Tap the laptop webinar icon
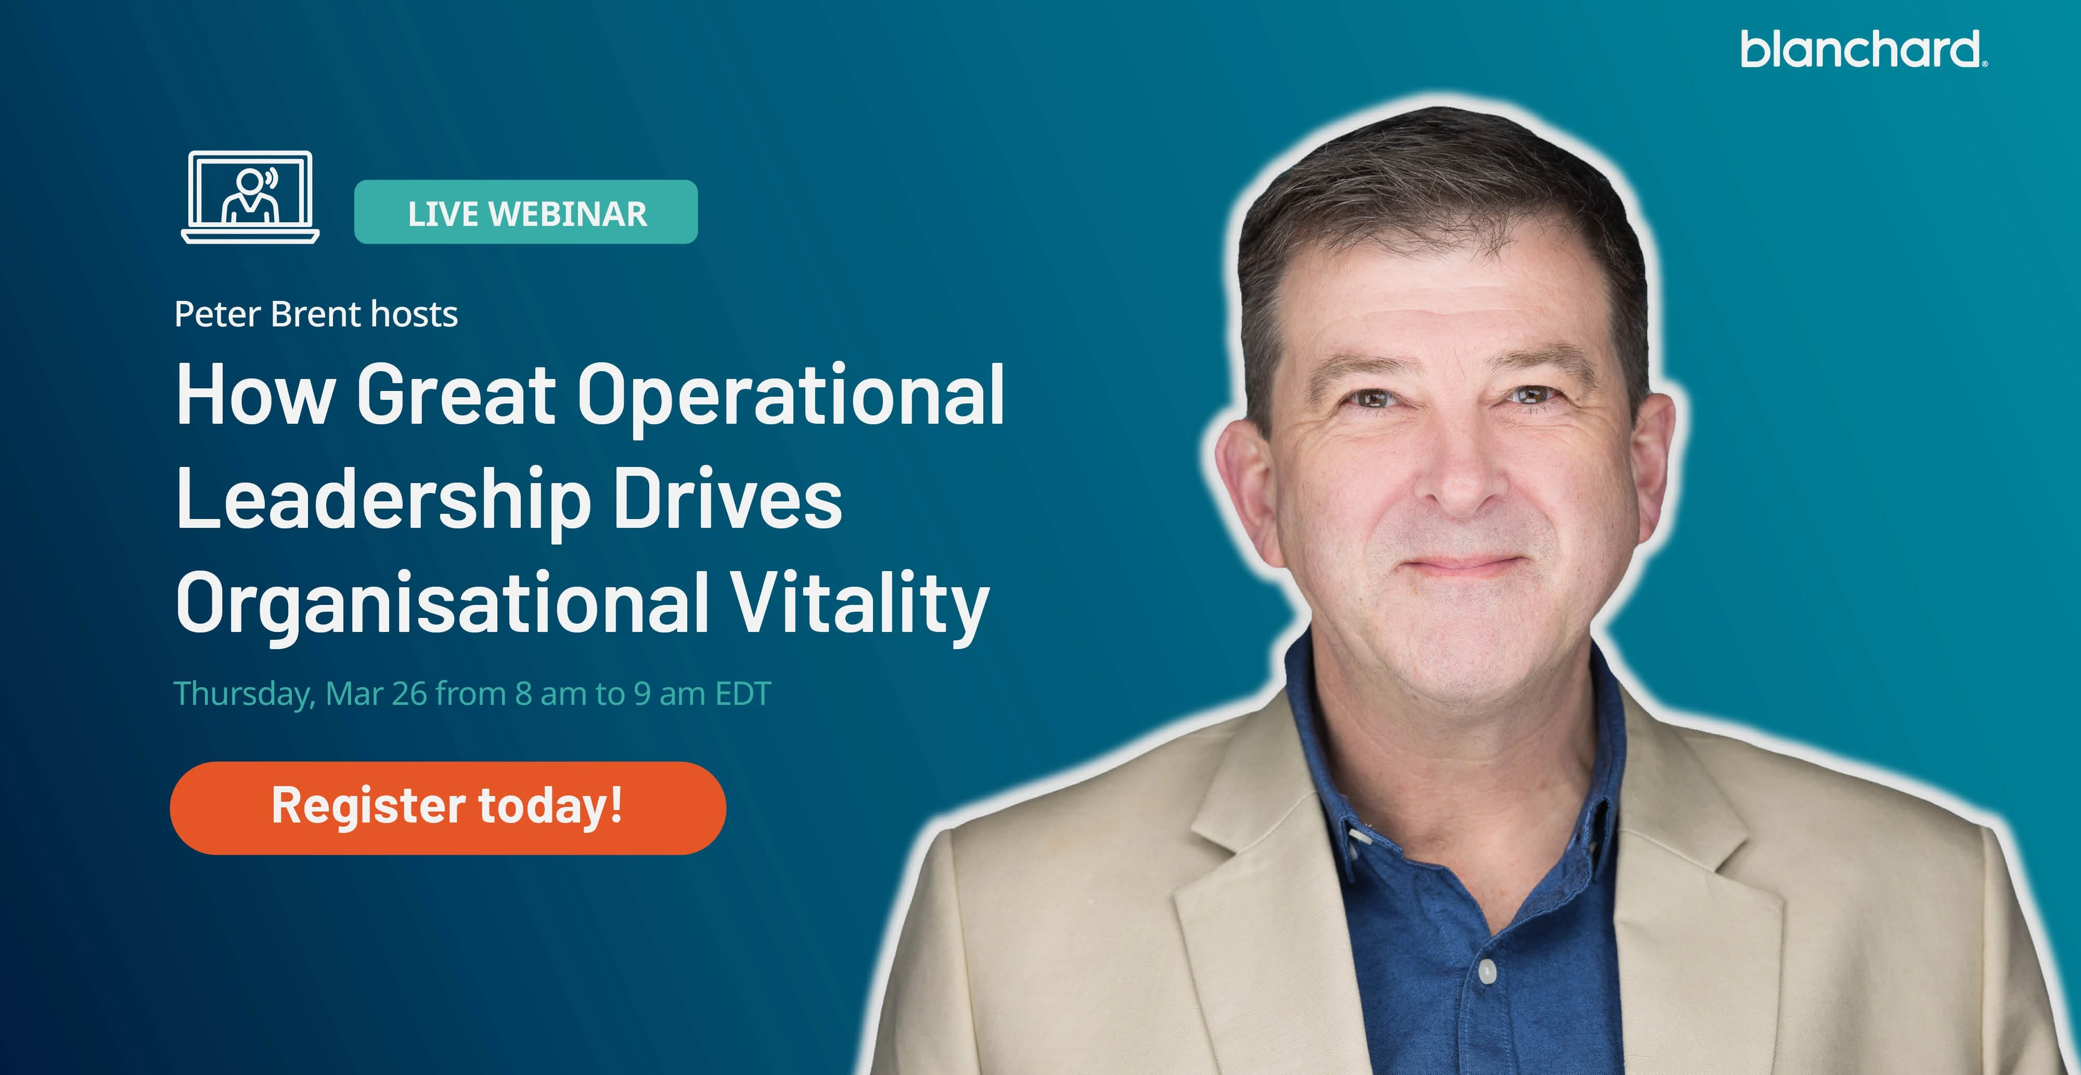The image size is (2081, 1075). (x=250, y=197)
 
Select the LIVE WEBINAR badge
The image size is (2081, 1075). (x=526, y=212)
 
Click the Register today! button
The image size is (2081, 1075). (x=447, y=807)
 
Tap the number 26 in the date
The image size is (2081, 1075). (x=409, y=693)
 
